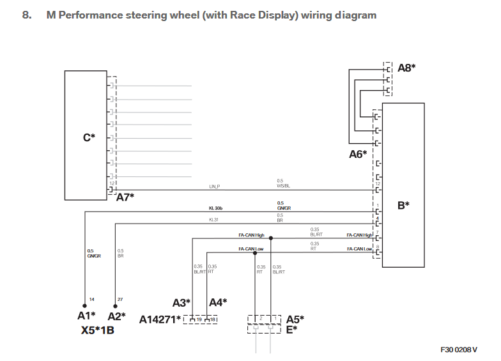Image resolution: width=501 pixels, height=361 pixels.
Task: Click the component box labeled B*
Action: pyautogui.click(x=403, y=185)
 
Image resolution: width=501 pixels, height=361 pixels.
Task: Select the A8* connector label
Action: pyautogui.click(x=406, y=68)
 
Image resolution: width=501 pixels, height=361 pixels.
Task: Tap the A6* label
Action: pyautogui.click(x=358, y=155)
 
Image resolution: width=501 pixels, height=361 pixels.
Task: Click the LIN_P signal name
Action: pyautogui.click(x=215, y=187)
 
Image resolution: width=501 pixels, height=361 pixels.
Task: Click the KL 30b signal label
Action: pyautogui.click(x=215, y=208)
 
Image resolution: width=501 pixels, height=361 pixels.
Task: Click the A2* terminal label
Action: pyautogui.click(x=116, y=316)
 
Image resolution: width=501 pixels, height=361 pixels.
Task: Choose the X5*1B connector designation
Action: pyautogui.click(x=97, y=331)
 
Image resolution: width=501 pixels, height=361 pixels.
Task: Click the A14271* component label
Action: pyautogui.click(x=160, y=319)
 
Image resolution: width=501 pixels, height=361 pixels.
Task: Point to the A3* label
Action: pyautogui.click(x=181, y=302)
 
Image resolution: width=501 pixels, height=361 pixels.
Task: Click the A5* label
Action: pyautogui.click(x=295, y=318)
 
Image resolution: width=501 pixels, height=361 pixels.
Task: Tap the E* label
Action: pyautogui.click(x=291, y=329)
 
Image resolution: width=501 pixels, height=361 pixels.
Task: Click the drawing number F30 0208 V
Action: pyautogui.click(x=458, y=350)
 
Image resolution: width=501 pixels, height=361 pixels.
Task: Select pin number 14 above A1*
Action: pyautogui.click(x=92, y=299)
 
